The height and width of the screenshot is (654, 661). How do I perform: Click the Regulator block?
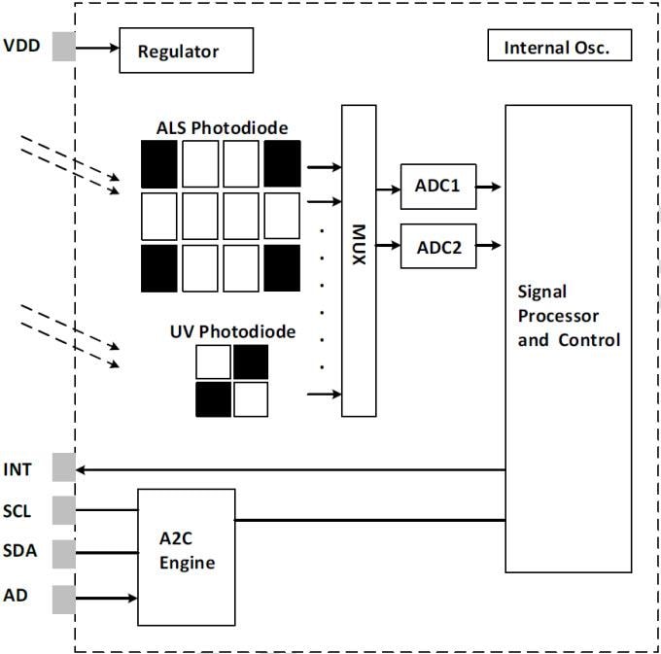pos(186,51)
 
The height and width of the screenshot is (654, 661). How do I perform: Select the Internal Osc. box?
pos(559,47)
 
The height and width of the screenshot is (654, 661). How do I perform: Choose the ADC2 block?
pos(438,246)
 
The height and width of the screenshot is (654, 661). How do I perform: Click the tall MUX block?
pos(359,260)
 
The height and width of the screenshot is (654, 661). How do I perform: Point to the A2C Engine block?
pos(187,557)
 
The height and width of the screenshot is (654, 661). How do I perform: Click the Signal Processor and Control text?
pos(569,316)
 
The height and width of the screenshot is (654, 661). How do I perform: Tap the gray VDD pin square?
pos(64,46)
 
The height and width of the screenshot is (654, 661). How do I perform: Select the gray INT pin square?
pos(64,468)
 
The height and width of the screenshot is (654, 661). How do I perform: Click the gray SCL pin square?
pos(64,509)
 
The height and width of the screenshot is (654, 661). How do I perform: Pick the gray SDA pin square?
pos(64,553)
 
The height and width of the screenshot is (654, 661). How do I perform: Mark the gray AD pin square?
pos(64,598)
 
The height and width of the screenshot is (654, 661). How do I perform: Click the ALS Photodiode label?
pos(222,127)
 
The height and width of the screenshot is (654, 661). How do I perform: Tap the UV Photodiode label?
pos(232,332)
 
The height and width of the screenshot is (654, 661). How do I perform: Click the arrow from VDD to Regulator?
pos(97,46)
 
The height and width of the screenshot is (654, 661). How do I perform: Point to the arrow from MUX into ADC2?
pos(388,237)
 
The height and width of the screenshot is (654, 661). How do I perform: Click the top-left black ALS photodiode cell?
pos(159,162)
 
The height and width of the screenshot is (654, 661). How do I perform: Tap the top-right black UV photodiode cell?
pos(250,361)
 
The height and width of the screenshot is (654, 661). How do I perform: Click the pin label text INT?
pos(18,469)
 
